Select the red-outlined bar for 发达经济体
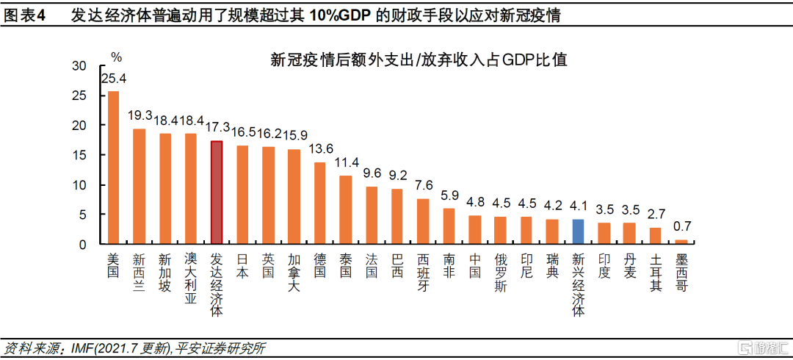(x=216, y=192)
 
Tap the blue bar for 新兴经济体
(x=578, y=231)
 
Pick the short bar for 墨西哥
(x=681, y=242)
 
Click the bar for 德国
(x=319, y=203)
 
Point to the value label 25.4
(x=114, y=79)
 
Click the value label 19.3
(x=140, y=116)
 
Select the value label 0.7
(x=682, y=227)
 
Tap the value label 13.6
(x=320, y=149)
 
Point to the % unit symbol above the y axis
(x=116, y=56)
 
